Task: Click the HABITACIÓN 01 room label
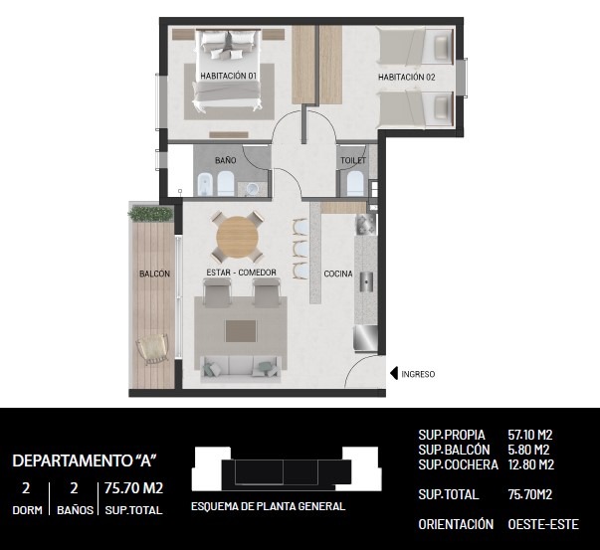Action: pos(229,76)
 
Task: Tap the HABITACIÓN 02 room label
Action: pos(407,77)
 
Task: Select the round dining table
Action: pos(237,238)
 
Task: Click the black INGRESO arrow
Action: pos(394,374)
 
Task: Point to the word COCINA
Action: pos(338,274)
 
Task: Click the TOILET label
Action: pos(353,160)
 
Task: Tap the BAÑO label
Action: pos(226,160)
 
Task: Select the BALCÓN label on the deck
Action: pos(154,274)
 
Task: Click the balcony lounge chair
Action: pos(153,349)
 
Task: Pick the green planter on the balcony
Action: pos(150,214)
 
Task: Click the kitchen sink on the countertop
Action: pos(366,281)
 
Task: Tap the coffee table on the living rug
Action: pos(241,331)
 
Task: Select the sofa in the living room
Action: pos(241,369)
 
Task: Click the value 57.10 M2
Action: pos(530,435)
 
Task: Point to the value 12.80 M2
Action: pos(530,464)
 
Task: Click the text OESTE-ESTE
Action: pos(543,524)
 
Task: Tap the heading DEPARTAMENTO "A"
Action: pos(85,460)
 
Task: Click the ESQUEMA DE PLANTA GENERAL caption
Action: pos(269,506)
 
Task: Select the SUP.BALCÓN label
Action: pos(454,450)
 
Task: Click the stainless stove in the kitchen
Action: pos(366,338)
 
